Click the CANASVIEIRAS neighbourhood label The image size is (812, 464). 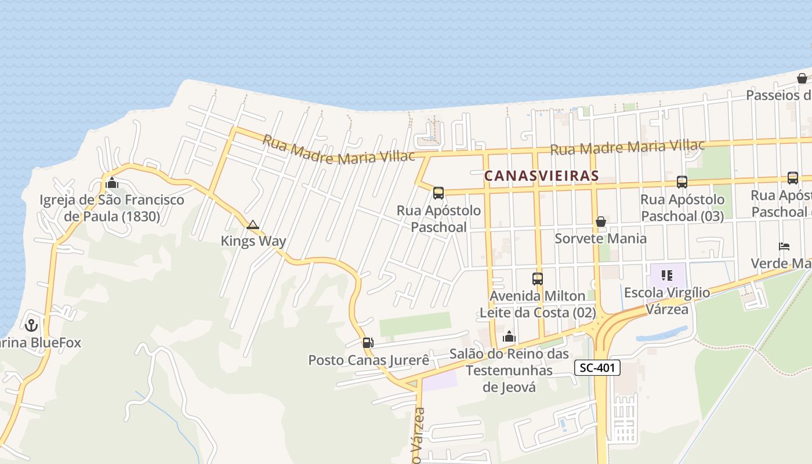pyautogui.click(x=541, y=176)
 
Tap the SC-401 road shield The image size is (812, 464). pyautogui.click(x=597, y=368)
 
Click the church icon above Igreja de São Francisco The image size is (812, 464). pyautogui.click(x=112, y=183)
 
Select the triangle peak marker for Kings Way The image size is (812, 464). pyautogui.click(x=253, y=225)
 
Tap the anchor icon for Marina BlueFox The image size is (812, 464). pyautogui.click(x=31, y=325)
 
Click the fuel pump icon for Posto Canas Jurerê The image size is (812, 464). pyautogui.click(x=368, y=343)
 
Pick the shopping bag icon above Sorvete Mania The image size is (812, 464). pyautogui.click(x=601, y=222)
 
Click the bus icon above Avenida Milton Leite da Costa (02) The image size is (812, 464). pyautogui.click(x=538, y=279)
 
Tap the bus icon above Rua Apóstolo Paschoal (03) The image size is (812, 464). pyautogui.click(x=682, y=182)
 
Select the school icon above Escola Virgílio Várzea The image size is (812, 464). pyautogui.click(x=666, y=275)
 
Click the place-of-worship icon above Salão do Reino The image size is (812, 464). pyautogui.click(x=509, y=336)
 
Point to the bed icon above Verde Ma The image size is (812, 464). pyautogui.click(x=784, y=246)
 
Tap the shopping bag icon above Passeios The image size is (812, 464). pyautogui.click(x=802, y=78)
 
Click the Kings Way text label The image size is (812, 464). pyautogui.click(x=253, y=241)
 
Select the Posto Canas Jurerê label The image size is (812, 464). pyautogui.click(x=368, y=360)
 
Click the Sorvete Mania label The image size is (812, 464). pyautogui.click(x=600, y=238)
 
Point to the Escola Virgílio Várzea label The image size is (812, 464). pyautogui.click(x=666, y=300)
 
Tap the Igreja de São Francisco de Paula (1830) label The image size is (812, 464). pyautogui.click(x=112, y=209)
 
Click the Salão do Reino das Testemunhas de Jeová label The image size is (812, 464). pyautogui.click(x=509, y=371)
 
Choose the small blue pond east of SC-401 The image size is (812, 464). pyautogui.click(x=661, y=334)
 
